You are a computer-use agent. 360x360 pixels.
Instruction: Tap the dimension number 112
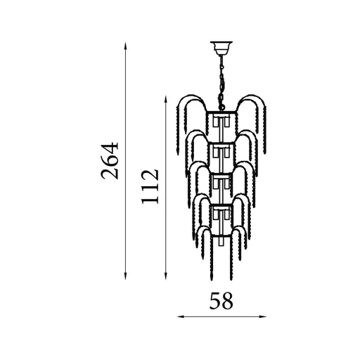[150, 187]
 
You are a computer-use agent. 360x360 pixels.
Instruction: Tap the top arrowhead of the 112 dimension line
[167, 100]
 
